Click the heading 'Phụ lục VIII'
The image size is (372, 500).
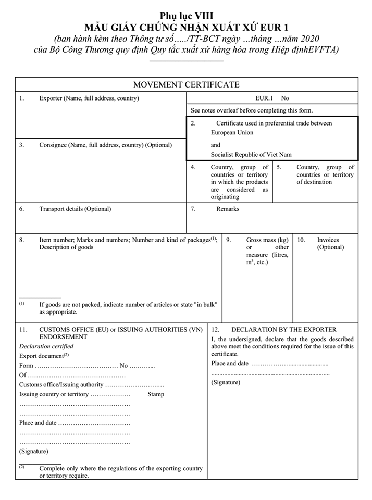point(187,16)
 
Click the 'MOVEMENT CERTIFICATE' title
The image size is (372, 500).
point(186,84)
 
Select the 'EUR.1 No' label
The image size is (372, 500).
point(271,98)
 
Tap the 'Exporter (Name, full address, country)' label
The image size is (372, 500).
point(89,98)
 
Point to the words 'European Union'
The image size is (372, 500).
point(232,132)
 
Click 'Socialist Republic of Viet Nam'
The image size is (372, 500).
point(251,154)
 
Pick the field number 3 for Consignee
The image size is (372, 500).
point(22,145)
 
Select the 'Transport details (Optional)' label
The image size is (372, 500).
point(75,209)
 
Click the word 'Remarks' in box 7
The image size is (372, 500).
point(228,209)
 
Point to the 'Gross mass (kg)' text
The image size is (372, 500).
point(267,240)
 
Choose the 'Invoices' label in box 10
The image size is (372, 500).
point(328,240)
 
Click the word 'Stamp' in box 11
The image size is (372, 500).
point(156,394)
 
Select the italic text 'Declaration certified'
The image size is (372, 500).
point(46,346)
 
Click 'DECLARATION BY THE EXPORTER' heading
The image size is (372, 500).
point(283,329)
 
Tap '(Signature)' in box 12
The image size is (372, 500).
point(226,382)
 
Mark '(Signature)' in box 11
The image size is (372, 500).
point(33,451)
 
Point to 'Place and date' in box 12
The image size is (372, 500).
point(230,363)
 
